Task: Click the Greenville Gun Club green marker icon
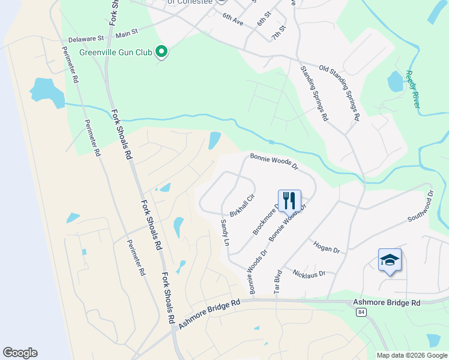tap(161, 52)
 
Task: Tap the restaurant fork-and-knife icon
tap(289, 199)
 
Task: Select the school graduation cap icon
tap(390, 260)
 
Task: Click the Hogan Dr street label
tap(327, 247)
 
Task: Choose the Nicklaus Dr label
tap(309, 273)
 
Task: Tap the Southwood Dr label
tap(420, 207)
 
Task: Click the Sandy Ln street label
tap(225, 233)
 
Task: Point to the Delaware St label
tap(86, 38)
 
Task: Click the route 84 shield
tap(361, 313)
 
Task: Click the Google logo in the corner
tap(20, 353)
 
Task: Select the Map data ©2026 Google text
tap(412, 355)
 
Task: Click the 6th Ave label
tap(232, 23)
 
